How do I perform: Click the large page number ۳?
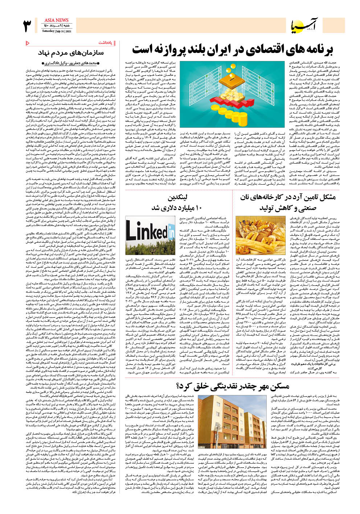27,26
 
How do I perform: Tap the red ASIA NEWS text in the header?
57,20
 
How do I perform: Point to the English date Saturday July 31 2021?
57,31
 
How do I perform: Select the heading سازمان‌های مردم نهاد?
71,53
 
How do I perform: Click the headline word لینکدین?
177,198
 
